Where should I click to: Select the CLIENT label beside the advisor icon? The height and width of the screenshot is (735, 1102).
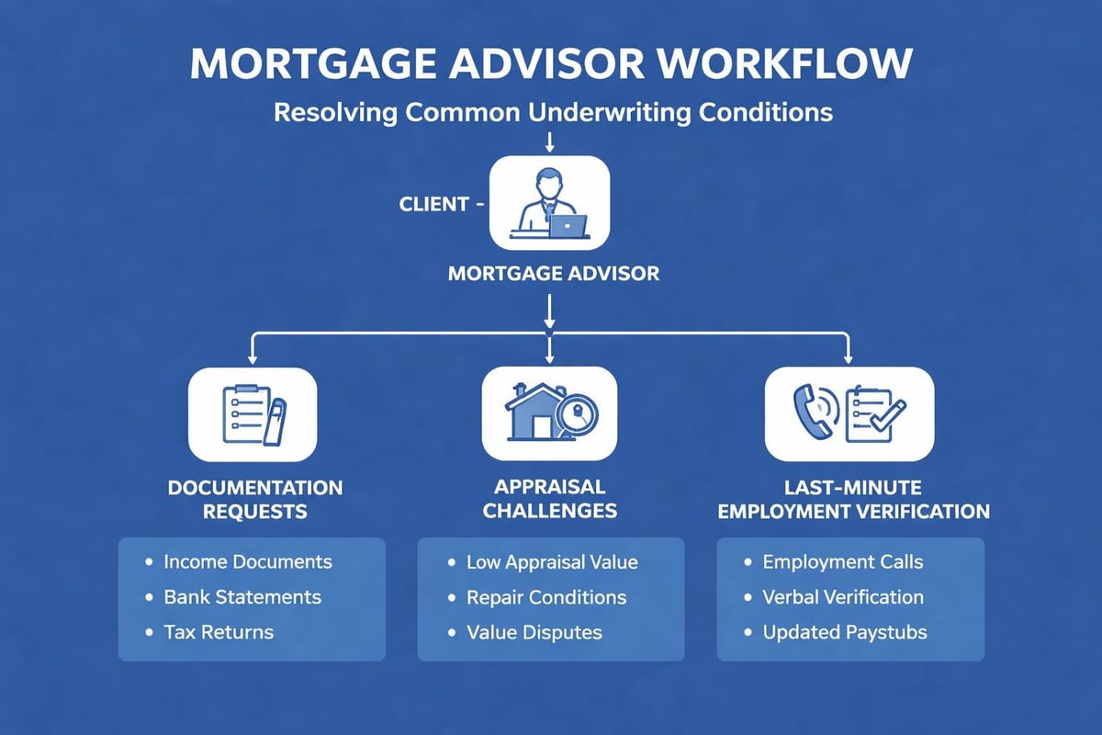[x=434, y=205]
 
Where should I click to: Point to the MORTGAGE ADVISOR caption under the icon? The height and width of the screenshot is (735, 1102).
[x=553, y=274]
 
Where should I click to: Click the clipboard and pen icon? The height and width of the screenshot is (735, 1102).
[x=253, y=413]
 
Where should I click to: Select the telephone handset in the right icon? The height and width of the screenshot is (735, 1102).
[x=809, y=411]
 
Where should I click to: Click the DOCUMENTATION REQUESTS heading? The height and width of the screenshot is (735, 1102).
[x=254, y=499]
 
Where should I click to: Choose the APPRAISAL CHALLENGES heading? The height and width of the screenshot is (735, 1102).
[x=550, y=499]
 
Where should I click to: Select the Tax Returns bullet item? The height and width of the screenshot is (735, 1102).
[x=219, y=632]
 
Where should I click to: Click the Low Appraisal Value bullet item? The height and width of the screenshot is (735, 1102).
[x=552, y=561]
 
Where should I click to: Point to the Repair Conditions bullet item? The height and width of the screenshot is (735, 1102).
[x=546, y=597]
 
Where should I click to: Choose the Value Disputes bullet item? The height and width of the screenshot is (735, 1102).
[x=534, y=632]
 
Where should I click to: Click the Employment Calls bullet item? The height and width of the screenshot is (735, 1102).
[x=843, y=561]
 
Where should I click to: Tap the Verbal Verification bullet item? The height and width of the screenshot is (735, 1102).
[x=843, y=597]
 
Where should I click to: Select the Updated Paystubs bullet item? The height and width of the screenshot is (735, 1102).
[x=845, y=632]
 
